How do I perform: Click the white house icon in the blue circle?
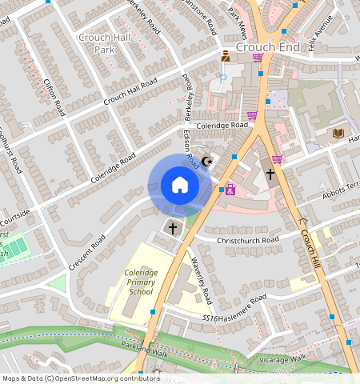pyautogui.click(x=180, y=186)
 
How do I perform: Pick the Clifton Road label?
pyautogui.click(x=53, y=91)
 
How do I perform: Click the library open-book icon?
pyautogui.click(x=338, y=132)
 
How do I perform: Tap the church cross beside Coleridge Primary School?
pyautogui.click(x=173, y=229)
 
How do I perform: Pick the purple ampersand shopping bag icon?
pyautogui.click(x=230, y=190)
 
